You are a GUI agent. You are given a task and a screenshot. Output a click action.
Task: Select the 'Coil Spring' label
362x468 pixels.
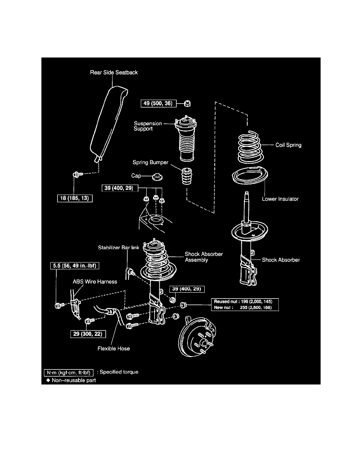click(x=288, y=145)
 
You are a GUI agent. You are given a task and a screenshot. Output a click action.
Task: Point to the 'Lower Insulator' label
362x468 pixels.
click(x=280, y=199)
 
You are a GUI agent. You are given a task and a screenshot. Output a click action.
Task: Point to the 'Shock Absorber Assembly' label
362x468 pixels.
click(x=203, y=257)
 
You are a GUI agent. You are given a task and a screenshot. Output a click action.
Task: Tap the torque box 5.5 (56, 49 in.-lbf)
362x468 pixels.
click(x=74, y=266)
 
